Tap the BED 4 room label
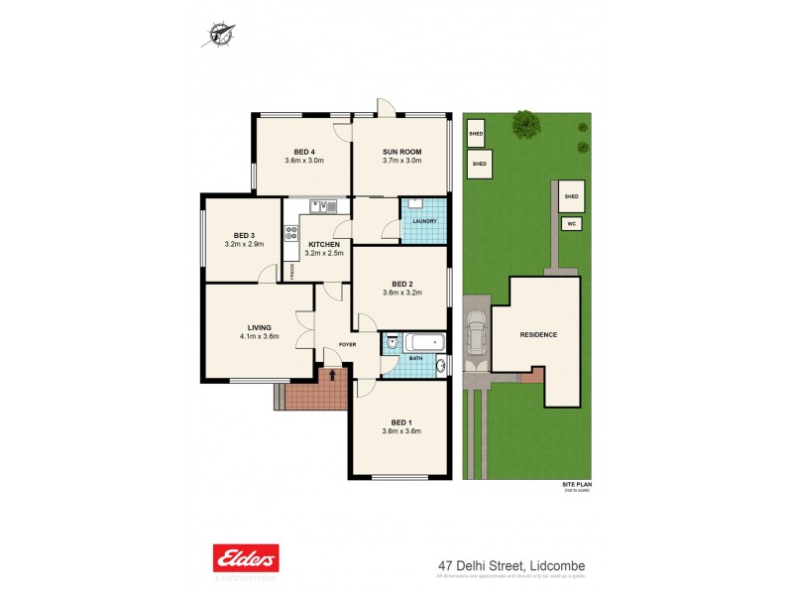coord(304,151)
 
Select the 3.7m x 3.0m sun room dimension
coord(402,161)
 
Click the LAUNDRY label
coord(424,221)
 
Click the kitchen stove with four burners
coord(291,234)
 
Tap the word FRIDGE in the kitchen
coord(291,269)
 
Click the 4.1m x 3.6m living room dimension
coord(259,336)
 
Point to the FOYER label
coord(346,344)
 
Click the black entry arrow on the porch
coord(332,375)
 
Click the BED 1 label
coord(401,421)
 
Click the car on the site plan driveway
coord(476,335)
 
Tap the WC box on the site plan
coord(571,225)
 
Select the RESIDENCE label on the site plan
coord(538,334)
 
